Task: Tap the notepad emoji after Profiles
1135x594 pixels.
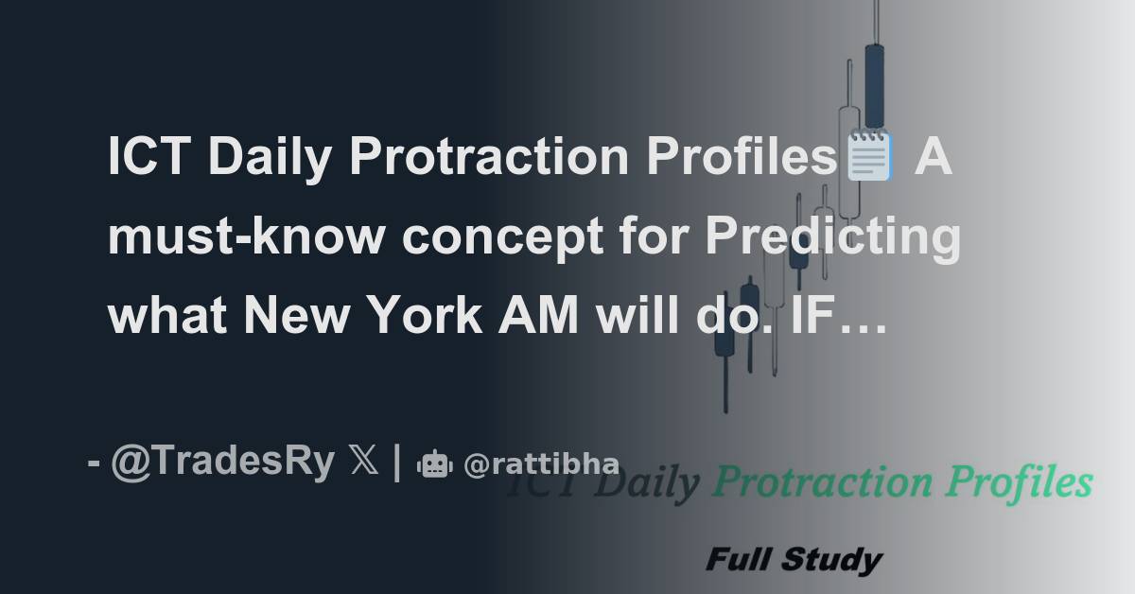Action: (x=869, y=159)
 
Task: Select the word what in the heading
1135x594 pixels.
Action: (x=166, y=315)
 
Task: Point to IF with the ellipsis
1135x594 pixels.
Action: (x=851, y=315)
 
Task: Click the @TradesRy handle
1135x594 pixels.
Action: (x=222, y=463)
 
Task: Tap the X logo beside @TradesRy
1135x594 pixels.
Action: (x=364, y=463)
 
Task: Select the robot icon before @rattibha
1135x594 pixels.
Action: (x=435, y=463)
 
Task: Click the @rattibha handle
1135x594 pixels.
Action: (x=541, y=464)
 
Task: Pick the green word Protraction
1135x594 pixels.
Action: (x=823, y=483)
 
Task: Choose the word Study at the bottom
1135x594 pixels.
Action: (x=836, y=560)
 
